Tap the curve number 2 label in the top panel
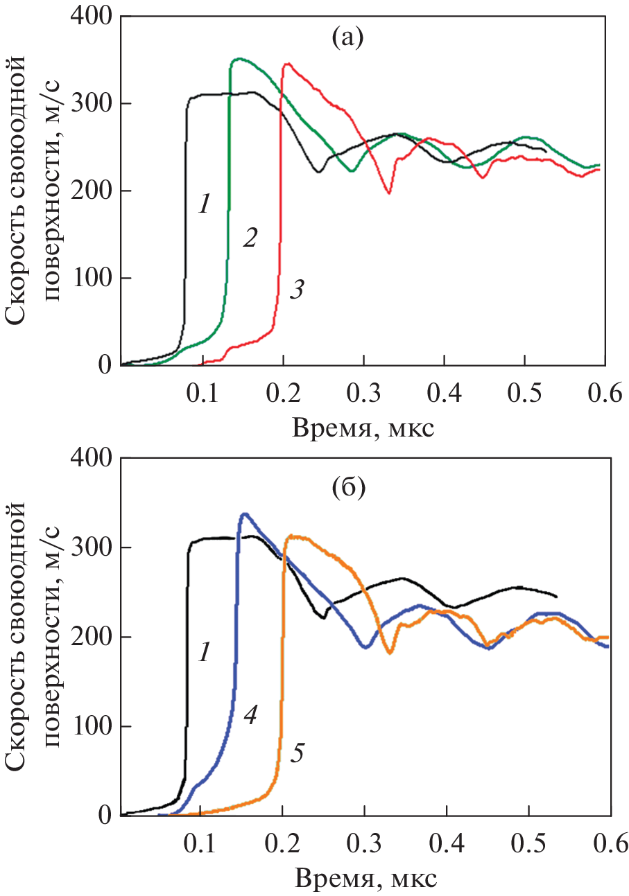point(250,238)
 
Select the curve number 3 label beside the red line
point(296,289)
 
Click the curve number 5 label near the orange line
point(297,753)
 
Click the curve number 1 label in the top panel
point(203,204)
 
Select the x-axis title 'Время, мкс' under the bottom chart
point(365,878)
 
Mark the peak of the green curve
point(239,59)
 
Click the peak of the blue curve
point(244,513)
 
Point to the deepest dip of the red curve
point(389,193)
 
